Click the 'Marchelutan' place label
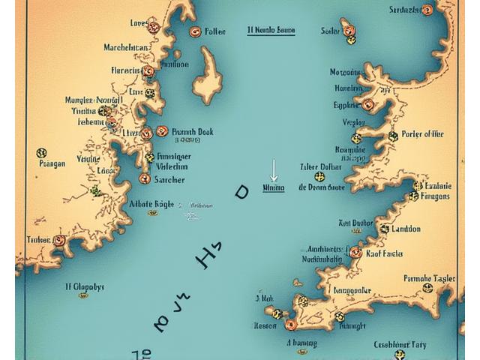126,47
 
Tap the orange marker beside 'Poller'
195,31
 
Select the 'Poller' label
214,32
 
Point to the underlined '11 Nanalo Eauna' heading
270,31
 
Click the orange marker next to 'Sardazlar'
427,10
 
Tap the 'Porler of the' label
422,135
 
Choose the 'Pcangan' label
52,163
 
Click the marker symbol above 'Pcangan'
41,153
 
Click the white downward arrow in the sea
274,169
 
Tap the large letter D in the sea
241,192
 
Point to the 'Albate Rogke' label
152,202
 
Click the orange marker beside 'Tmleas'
59,241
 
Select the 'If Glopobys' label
85,286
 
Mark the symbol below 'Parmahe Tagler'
427,287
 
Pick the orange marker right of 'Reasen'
291,325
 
